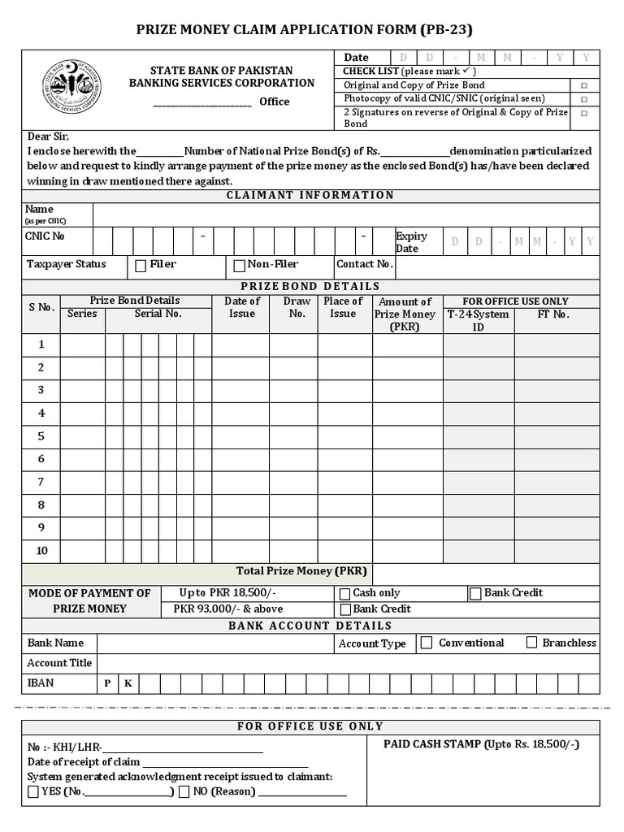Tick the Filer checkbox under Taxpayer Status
tap(141, 265)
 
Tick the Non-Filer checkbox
tap(239, 265)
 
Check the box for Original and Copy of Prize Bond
tap(583, 85)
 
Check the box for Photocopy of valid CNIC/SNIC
tap(583, 99)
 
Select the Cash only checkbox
tap(345, 594)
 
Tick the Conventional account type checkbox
tap(427, 643)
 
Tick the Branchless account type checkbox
tap(531, 643)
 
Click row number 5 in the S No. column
tap(41, 436)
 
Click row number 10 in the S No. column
tap(41, 551)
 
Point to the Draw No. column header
tap(297, 307)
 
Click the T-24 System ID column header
tap(479, 319)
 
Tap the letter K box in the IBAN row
tap(128, 683)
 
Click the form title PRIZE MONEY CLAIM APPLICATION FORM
tap(311, 30)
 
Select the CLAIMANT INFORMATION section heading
tap(310, 195)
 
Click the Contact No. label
tap(365, 264)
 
